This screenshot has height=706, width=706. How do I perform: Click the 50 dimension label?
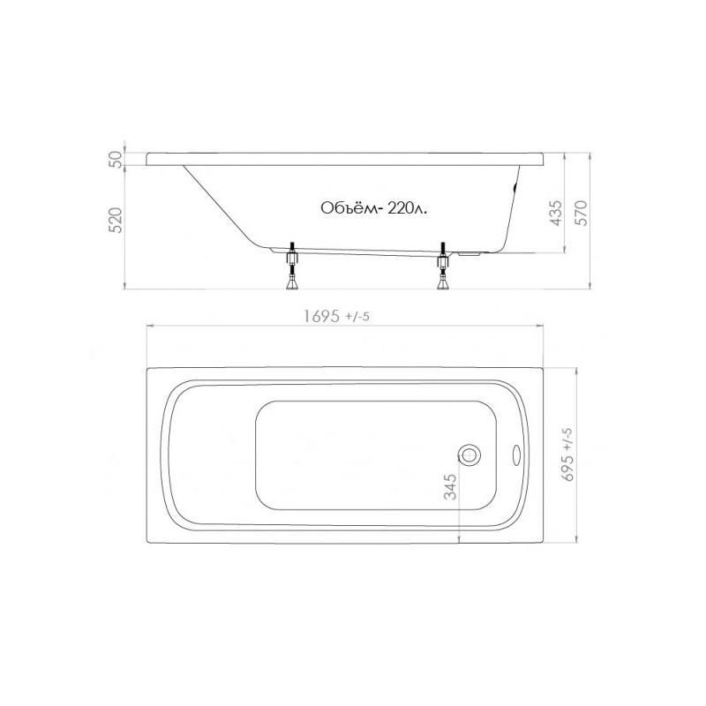116,160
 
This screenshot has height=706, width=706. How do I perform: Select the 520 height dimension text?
116,220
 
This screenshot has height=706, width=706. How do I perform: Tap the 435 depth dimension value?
556,213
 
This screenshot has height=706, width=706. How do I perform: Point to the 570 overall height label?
582,213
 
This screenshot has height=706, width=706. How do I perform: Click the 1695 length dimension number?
321,317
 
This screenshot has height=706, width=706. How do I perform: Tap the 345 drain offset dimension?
450,487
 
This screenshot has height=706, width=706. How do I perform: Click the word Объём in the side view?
348,208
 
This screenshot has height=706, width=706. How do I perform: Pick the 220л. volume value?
406,209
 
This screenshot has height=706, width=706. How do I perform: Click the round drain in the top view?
469,454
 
